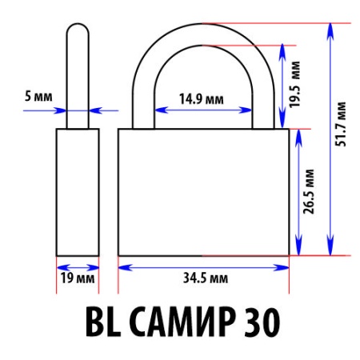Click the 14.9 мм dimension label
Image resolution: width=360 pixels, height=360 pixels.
tap(201, 101)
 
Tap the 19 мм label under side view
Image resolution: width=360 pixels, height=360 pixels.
tap(78, 278)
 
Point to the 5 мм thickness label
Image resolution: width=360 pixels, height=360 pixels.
tap(38, 97)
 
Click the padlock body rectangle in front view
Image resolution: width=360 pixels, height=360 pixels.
tap(203, 192)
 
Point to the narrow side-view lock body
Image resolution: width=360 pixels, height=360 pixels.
tap(78, 192)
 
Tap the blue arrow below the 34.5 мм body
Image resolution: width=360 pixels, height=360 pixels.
tap(203, 266)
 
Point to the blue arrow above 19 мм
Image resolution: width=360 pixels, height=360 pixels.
tap(78, 266)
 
